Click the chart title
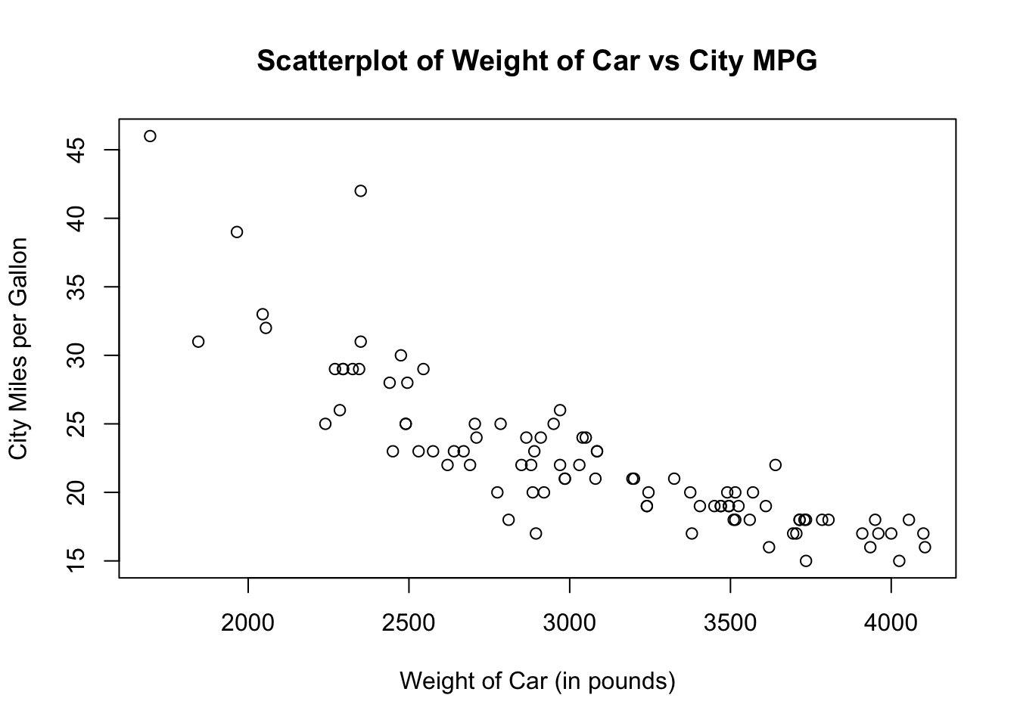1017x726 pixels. [x=536, y=61]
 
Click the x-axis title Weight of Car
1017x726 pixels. [x=536, y=681]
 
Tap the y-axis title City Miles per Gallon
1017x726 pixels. [x=18, y=348]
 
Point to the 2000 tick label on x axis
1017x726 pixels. [x=247, y=624]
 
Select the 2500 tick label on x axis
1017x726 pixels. [x=409, y=624]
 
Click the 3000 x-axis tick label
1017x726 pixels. [x=569, y=624]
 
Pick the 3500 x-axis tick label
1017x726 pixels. [x=730, y=624]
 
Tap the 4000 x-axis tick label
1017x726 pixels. [x=891, y=624]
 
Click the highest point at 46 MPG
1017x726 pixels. [x=150, y=136]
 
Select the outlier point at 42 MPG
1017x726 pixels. [x=360, y=191]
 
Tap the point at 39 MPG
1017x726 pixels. [x=237, y=232]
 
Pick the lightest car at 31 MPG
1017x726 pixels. [x=198, y=342]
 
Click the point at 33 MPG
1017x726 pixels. [x=263, y=315]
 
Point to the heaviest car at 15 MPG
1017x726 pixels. [x=899, y=561]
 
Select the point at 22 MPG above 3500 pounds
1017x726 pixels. [x=775, y=465]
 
